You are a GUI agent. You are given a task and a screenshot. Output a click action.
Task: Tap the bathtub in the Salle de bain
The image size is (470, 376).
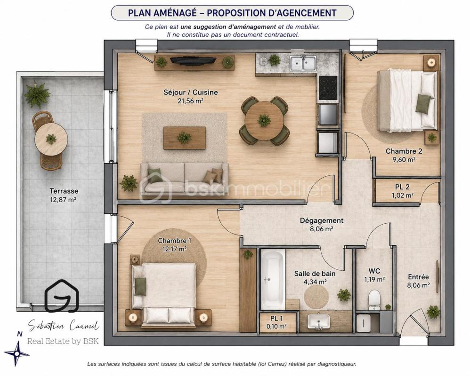[x=273, y=280]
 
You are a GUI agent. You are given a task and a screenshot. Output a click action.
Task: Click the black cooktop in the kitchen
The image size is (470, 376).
[x=328, y=87]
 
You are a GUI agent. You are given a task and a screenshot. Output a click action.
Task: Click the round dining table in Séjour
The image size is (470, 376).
[x=264, y=121]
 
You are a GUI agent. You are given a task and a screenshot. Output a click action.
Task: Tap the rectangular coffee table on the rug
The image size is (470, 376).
[x=184, y=138]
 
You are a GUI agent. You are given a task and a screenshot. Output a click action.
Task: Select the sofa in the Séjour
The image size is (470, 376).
[x=184, y=178]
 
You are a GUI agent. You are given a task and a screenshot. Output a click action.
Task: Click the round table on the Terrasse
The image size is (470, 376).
[x=51, y=139]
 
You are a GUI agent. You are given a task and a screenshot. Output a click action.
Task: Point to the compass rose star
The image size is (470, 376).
[x=17, y=353]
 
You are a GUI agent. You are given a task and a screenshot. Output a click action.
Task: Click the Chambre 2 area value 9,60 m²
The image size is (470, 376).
[x=404, y=159]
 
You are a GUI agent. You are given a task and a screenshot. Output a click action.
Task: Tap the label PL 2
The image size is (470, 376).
[x=402, y=187]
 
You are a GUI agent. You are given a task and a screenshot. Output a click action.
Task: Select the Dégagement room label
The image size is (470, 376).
[x=322, y=221]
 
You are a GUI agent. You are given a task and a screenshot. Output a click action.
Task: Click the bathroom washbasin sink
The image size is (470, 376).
[x=319, y=321]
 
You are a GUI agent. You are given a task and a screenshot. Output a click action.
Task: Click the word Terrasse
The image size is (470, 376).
[x=64, y=191]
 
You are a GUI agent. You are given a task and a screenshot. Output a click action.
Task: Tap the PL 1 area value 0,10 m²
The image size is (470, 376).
[x=276, y=327]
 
